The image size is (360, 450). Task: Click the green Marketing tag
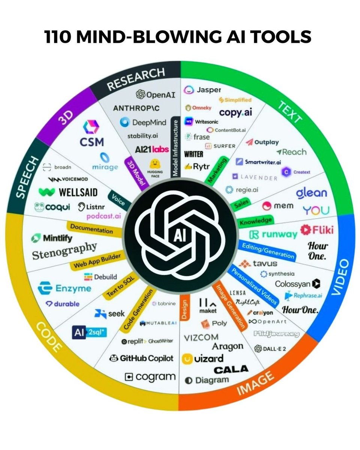coord(218,171)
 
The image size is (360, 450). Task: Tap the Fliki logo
coord(317,229)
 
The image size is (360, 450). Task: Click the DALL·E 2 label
coord(270,349)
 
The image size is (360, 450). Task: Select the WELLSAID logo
coord(68,192)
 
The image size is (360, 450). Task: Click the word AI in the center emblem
coord(180,237)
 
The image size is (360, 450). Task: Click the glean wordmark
coord(311,193)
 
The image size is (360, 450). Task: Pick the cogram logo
coord(150,376)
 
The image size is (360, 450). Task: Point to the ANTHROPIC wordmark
coord(136,108)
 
